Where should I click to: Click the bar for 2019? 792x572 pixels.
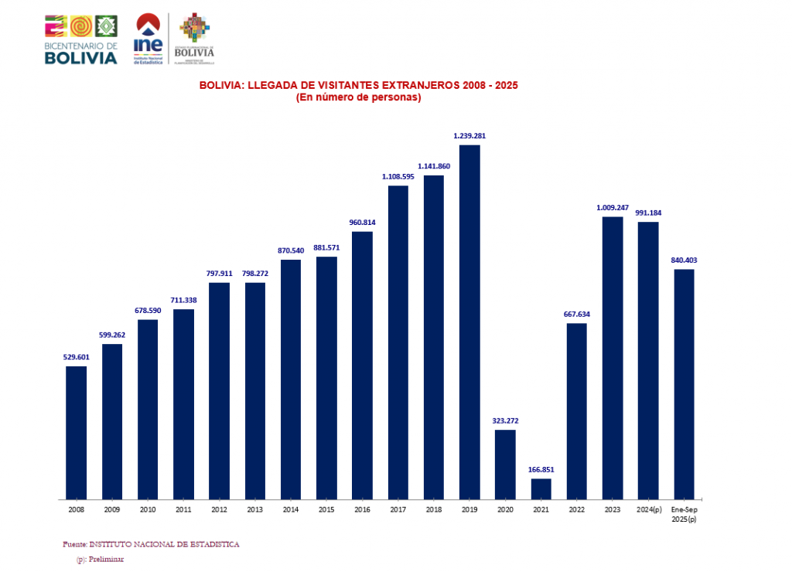click(469, 322)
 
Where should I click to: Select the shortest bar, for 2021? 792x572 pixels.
click(541, 489)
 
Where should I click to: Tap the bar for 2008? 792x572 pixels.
click(76, 432)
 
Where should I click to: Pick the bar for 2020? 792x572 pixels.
click(505, 464)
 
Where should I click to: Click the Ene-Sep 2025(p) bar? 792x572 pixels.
click(684, 383)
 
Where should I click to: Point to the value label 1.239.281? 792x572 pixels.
click(469, 136)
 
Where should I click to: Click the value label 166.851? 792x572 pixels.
click(541, 469)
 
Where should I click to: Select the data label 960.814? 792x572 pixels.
click(362, 223)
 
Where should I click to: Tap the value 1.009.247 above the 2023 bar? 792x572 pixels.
click(612, 207)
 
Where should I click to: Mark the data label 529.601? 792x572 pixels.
click(76, 356)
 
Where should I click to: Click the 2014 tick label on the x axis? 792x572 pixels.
click(291, 510)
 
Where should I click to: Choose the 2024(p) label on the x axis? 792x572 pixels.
click(648, 510)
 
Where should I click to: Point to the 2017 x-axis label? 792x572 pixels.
click(398, 510)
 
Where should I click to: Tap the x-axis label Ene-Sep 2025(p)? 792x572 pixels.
click(684, 514)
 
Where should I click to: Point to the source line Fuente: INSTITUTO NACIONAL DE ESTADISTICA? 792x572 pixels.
click(151, 544)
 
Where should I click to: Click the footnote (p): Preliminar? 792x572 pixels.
click(100, 559)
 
